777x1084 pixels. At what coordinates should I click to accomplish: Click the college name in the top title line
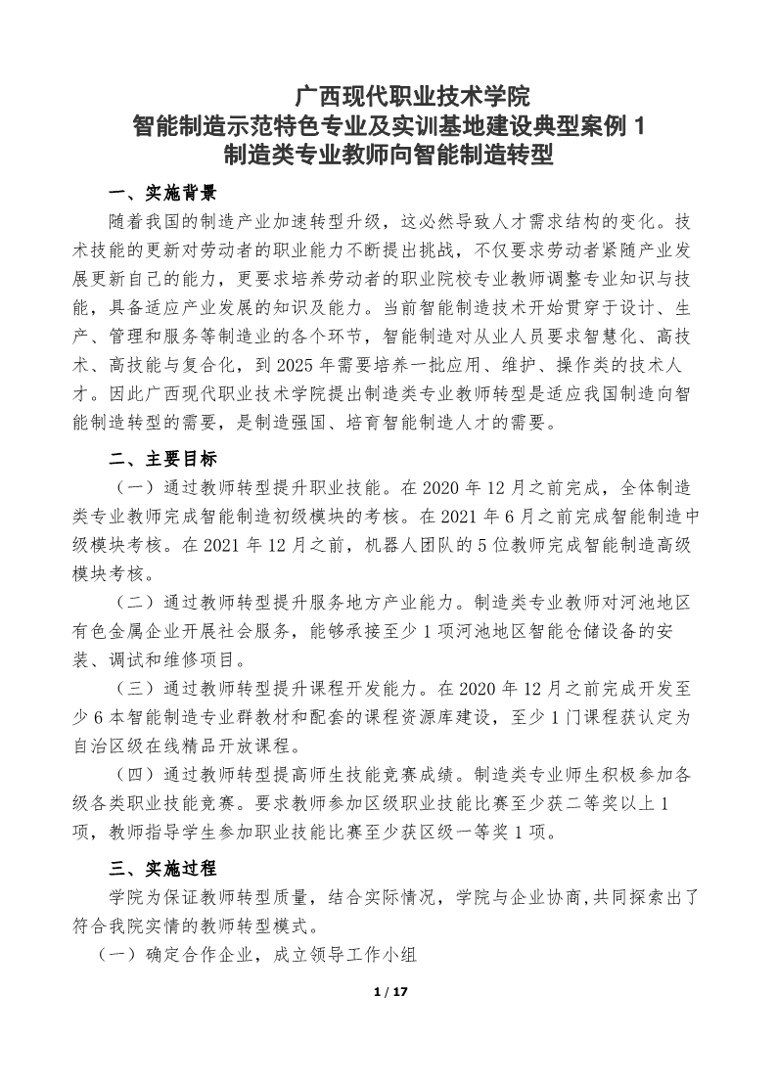(412, 97)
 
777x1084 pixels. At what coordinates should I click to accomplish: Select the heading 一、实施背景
(162, 192)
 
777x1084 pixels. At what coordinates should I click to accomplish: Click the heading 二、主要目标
(162, 459)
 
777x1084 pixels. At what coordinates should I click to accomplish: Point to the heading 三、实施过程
(162, 868)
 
